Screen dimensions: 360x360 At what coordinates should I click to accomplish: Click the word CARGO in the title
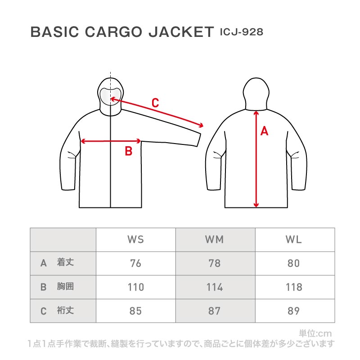click(113, 31)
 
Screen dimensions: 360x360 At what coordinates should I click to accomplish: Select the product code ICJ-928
click(242, 32)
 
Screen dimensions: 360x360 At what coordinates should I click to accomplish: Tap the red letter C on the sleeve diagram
click(155, 103)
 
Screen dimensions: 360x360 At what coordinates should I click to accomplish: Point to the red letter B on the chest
click(129, 151)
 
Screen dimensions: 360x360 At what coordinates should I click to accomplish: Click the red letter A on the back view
click(264, 131)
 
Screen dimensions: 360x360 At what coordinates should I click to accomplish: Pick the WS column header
click(136, 239)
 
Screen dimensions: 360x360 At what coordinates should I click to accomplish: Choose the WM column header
click(215, 239)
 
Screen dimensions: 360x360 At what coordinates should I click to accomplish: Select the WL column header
click(294, 239)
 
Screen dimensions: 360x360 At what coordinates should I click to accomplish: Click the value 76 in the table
click(135, 263)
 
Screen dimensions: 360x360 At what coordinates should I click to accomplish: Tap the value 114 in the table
click(215, 287)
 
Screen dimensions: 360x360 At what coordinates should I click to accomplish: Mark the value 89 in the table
click(294, 311)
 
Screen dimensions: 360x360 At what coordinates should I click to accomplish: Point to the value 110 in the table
click(136, 287)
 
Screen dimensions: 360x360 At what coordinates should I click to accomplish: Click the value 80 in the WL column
click(294, 263)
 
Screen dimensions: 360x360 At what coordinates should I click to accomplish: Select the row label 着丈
click(65, 262)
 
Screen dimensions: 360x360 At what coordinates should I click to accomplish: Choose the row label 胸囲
click(65, 286)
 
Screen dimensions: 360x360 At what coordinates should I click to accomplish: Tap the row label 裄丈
click(65, 310)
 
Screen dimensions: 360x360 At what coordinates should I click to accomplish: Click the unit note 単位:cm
click(315, 333)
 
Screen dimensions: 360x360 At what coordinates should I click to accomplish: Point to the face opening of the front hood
click(110, 96)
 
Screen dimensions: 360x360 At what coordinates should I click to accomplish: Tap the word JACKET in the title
click(181, 31)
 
